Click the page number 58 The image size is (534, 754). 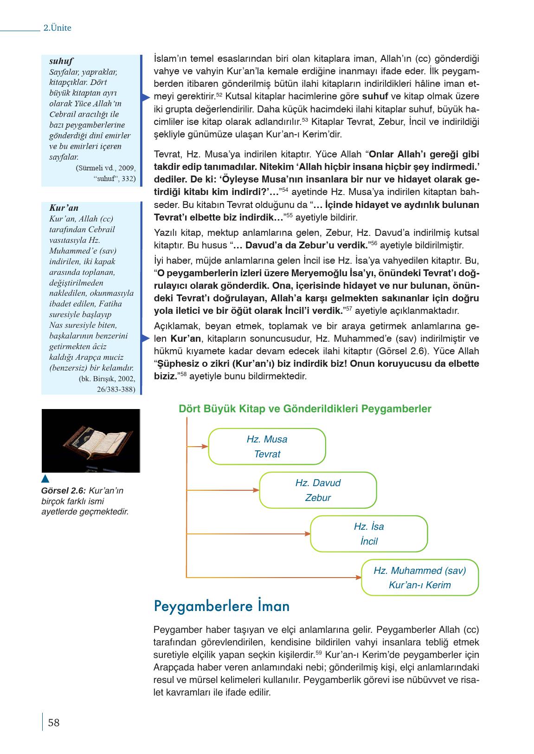point(54,722)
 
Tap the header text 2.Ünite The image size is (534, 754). point(57,28)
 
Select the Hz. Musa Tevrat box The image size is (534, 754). point(267,447)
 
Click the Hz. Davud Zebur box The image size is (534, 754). point(318,490)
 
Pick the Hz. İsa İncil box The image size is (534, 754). point(369,534)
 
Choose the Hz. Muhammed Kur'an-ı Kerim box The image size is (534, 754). point(419,578)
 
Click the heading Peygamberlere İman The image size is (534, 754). point(222,606)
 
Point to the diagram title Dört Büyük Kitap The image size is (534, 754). point(305,409)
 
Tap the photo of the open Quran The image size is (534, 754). point(90,441)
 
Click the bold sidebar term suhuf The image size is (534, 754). point(61,61)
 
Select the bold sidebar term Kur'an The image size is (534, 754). point(64,208)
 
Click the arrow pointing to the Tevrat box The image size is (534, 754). point(198,447)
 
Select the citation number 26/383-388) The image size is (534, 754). point(116,390)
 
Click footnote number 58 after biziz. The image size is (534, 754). point(183,373)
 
